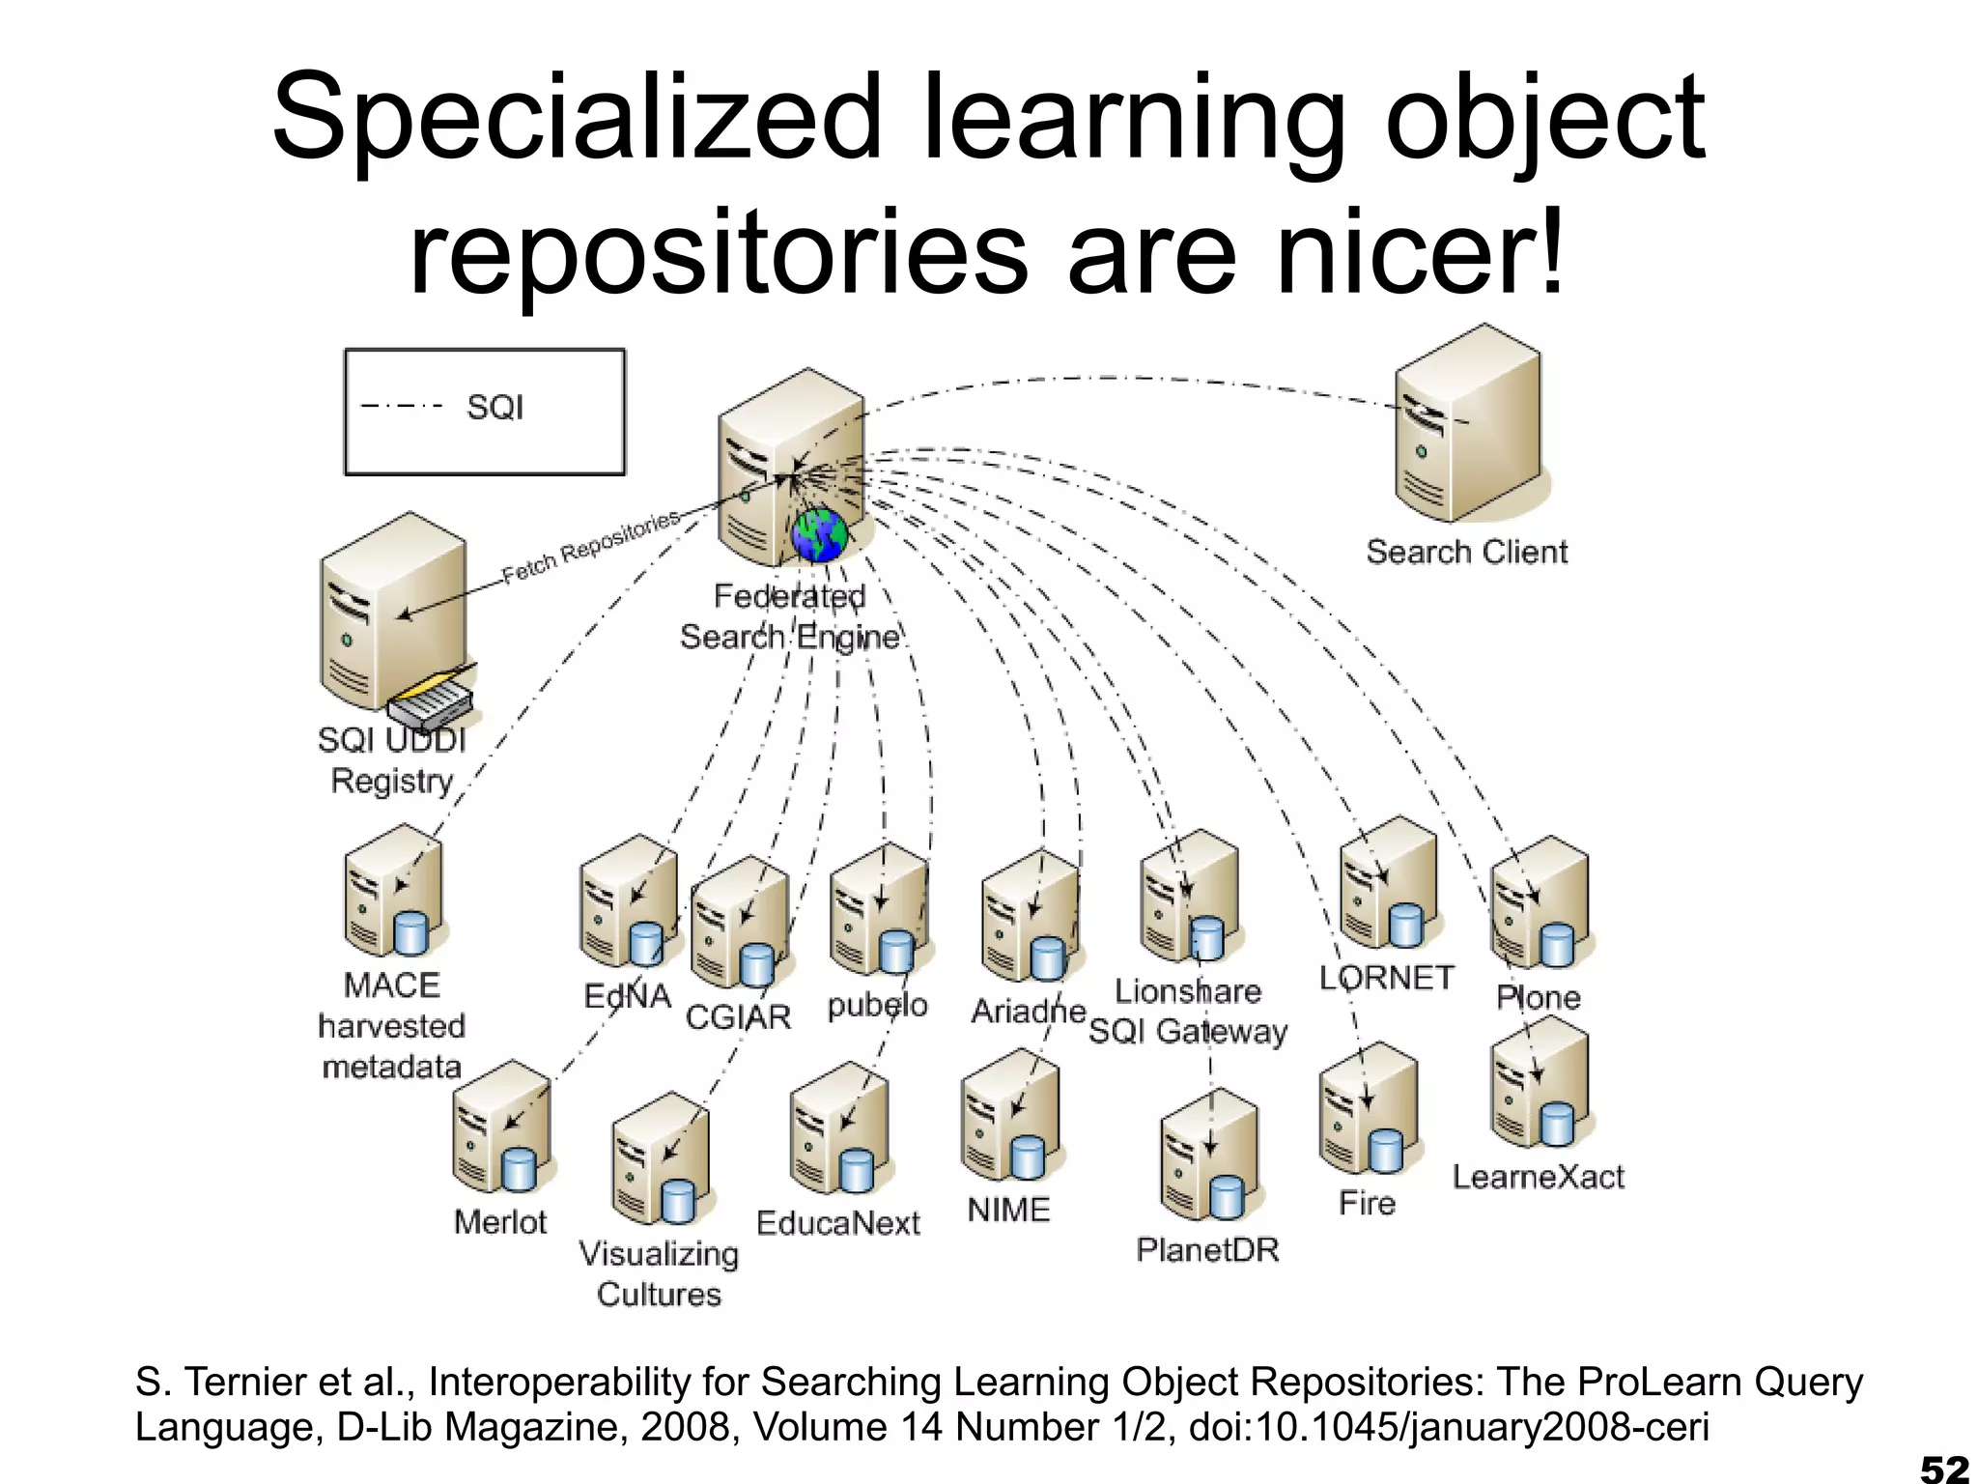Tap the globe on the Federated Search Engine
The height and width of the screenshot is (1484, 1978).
coord(820,535)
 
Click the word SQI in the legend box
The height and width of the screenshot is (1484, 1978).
coord(494,408)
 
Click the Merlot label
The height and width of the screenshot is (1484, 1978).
coord(500,1222)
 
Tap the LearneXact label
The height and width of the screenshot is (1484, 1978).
coord(1539,1177)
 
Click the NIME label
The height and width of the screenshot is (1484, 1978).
coord(1008,1210)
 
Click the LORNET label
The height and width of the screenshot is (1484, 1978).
coord(1387,978)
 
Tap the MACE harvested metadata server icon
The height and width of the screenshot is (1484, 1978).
coord(394,891)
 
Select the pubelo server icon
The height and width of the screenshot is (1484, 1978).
coord(879,908)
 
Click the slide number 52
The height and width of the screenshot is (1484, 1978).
coord(1943,1468)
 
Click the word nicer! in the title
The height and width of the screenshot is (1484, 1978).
coord(1420,253)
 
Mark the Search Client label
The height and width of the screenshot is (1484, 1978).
coord(1466,552)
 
